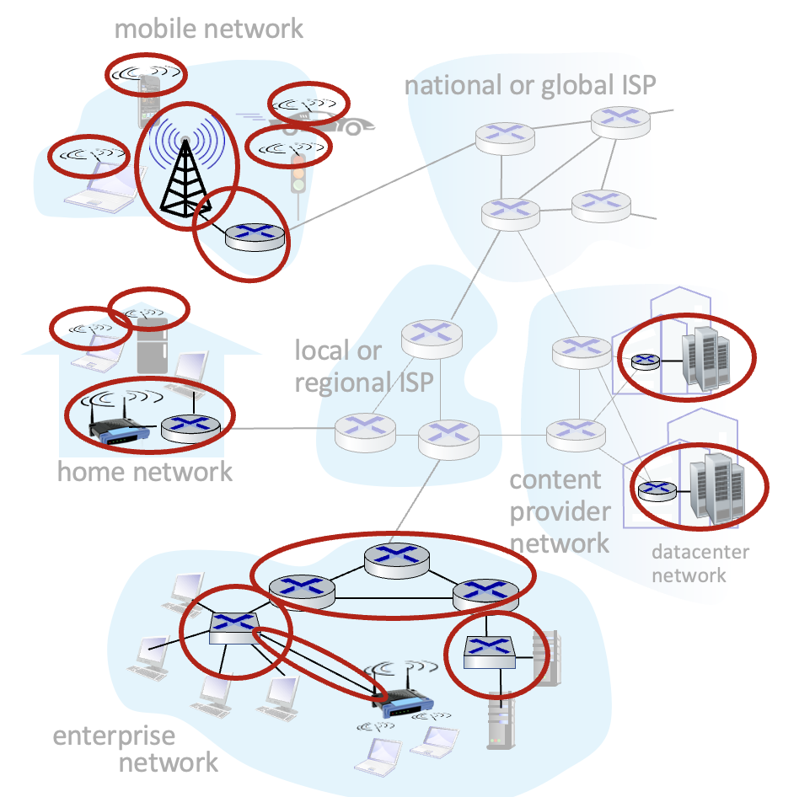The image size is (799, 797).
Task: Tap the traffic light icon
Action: [x=297, y=173]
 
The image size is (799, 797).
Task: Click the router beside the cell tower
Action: [x=255, y=234]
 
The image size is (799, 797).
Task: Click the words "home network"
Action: [x=144, y=471]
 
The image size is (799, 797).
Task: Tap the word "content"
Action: [x=555, y=480]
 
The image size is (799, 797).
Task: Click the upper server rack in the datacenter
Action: [x=705, y=357]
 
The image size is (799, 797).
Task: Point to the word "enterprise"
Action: [x=114, y=735]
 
